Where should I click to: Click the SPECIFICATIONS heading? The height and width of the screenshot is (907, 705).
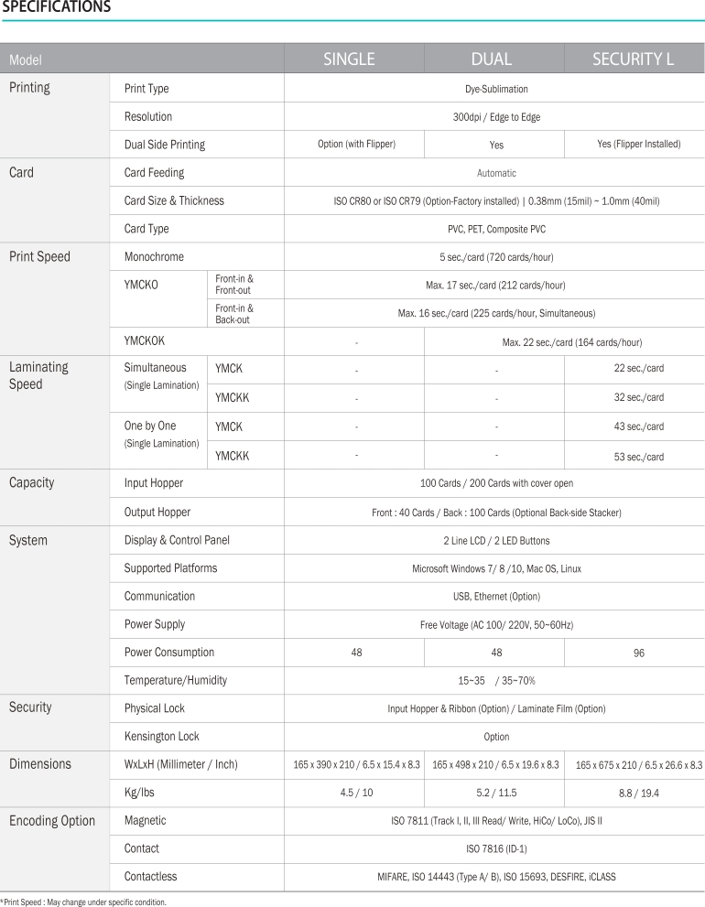[56, 8]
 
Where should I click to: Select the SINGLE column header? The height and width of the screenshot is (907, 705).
[349, 59]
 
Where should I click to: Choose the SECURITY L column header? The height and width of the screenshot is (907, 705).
[634, 59]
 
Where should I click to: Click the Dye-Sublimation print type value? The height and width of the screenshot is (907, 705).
[496, 89]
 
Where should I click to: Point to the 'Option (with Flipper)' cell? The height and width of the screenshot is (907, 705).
[355, 145]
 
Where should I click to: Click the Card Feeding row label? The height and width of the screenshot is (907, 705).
[154, 172]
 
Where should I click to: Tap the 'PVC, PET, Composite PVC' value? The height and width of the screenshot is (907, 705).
[496, 229]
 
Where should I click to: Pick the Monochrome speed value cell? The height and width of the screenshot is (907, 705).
[496, 257]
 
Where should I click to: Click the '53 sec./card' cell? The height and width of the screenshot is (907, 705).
[639, 457]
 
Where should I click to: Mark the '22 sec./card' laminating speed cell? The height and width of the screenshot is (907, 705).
[639, 369]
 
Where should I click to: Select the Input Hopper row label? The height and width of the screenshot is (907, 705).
[154, 483]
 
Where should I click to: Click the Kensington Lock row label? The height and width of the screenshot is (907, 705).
[162, 737]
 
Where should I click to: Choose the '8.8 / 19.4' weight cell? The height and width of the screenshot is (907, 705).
[639, 794]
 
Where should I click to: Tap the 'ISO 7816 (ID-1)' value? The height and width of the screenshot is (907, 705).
[496, 849]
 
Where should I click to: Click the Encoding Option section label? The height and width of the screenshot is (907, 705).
[52, 821]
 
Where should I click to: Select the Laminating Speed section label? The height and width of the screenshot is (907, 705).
[38, 375]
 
